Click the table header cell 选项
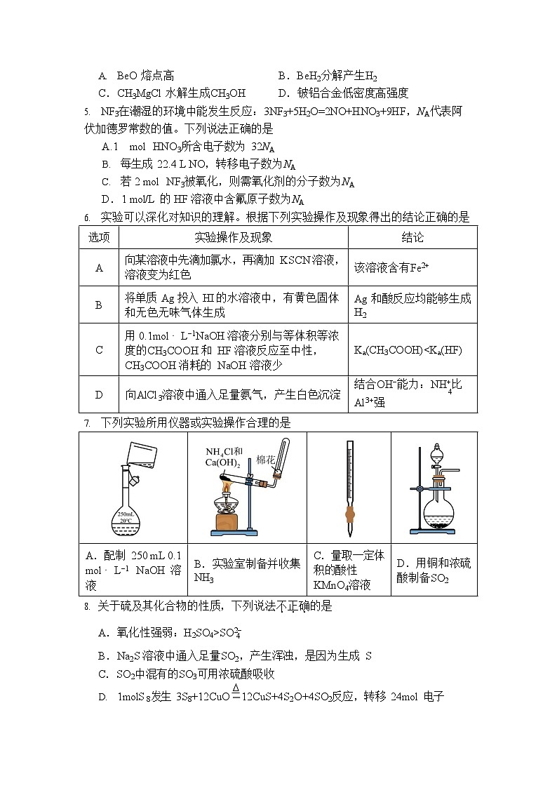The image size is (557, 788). [99, 237]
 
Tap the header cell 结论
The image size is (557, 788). [412, 237]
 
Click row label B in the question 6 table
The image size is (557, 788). [99, 305]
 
